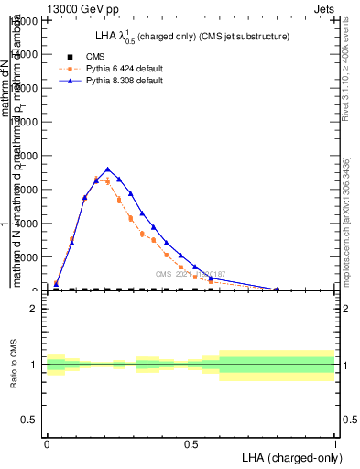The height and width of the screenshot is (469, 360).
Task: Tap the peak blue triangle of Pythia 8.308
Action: point(108,169)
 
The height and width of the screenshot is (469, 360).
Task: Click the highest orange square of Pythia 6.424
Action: point(96,179)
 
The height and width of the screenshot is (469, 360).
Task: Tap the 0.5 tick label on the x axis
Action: point(191,444)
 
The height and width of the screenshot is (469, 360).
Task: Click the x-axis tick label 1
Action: point(335,444)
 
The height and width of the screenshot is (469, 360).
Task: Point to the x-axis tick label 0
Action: point(47,444)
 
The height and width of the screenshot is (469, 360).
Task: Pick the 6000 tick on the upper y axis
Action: point(27,190)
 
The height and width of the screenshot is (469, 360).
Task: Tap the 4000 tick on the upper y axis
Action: point(27,224)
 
